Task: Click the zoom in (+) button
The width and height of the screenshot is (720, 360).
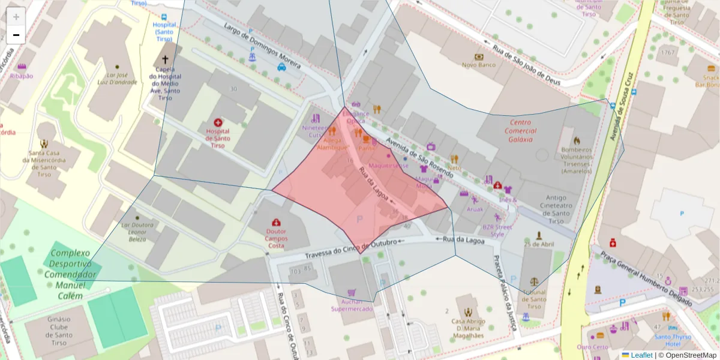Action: point(16,17)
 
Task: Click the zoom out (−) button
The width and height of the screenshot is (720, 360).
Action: point(16,35)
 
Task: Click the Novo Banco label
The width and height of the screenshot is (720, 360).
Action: point(478,64)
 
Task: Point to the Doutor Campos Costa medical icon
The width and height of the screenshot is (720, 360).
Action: point(276,223)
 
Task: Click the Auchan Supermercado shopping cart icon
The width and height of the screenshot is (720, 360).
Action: point(351,292)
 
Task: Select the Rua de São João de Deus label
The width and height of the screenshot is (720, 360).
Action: point(526,64)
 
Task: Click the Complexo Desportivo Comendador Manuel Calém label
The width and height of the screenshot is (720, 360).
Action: point(70,275)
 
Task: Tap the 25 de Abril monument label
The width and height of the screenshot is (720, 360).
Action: point(538,244)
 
